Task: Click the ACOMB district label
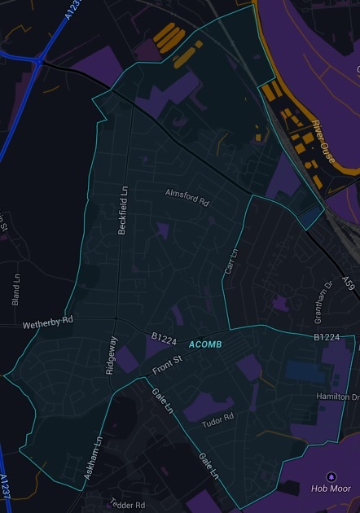click(205, 345)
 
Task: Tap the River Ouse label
click(323, 141)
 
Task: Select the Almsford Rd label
click(187, 198)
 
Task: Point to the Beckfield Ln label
click(124, 210)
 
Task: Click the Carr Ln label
click(230, 261)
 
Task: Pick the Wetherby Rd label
click(47, 322)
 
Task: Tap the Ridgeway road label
click(112, 354)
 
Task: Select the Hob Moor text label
click(330, 489)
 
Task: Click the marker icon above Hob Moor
click(330, 476)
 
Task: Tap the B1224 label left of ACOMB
click(164, 336)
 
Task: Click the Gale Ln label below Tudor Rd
click(209, 466)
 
